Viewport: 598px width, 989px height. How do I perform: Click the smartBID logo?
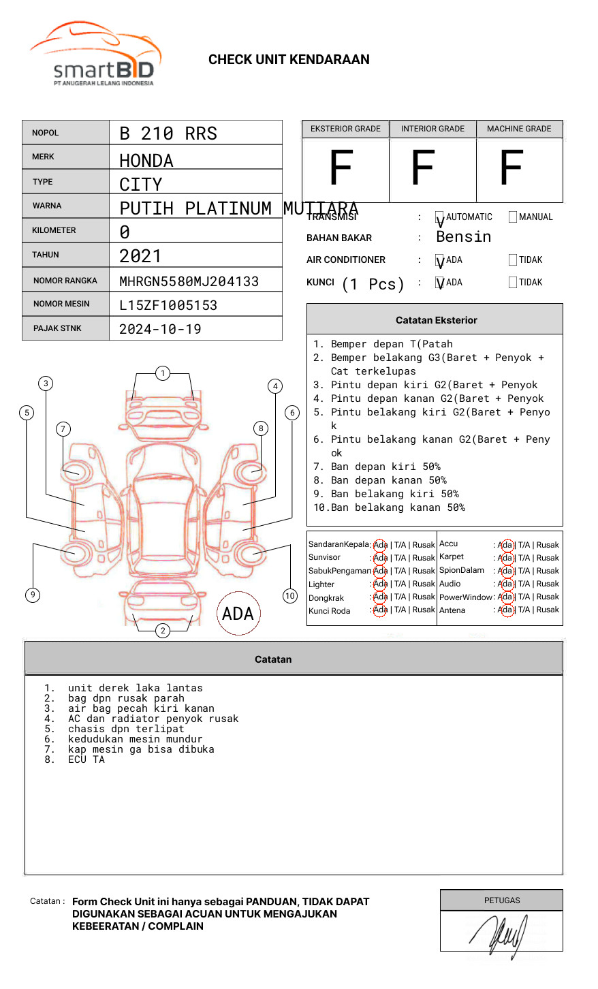point(95,54)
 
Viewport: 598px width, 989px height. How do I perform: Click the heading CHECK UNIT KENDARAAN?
point(289,60)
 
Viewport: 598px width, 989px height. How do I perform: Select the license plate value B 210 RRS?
point(168,134)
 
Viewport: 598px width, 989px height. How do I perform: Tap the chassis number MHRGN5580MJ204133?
point(189,281)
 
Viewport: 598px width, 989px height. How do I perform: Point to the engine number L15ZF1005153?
point(168,305)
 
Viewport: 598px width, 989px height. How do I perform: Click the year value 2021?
point(140,256)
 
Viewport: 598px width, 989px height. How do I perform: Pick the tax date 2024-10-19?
point(160,329)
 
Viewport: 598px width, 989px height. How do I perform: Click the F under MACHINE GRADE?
point(511,168)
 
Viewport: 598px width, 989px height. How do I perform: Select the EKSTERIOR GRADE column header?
point(345,129)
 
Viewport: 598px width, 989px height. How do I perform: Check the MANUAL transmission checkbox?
point(513,217)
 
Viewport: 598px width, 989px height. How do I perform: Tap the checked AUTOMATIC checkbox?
point(440,217)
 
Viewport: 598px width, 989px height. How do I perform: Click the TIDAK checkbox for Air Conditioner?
point(513,260)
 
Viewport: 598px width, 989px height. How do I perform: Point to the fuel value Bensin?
point(463,237)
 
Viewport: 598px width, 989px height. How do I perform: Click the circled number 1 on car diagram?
point(162,373)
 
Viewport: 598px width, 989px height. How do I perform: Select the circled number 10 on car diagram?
point(290,596)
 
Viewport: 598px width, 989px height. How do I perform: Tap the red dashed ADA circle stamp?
point(238,614)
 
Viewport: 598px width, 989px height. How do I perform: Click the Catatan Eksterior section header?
point(436,320)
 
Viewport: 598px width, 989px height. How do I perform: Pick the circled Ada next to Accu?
point(505,545)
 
